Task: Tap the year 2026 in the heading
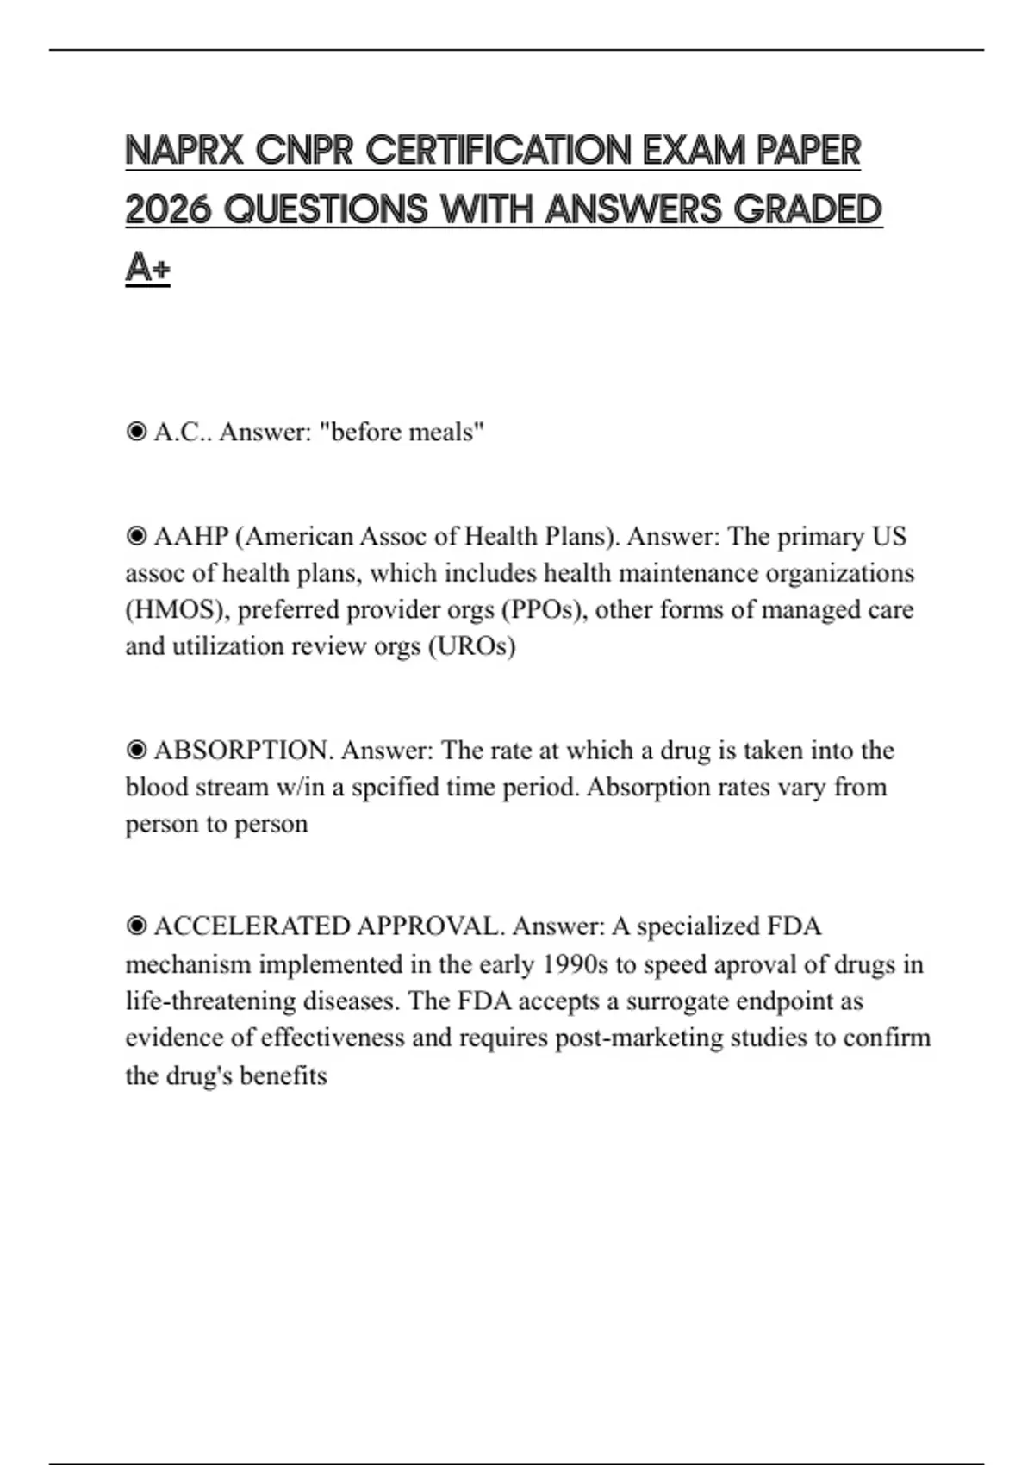168,209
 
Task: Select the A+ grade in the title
147,268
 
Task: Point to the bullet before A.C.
136,431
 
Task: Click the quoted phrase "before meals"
402,431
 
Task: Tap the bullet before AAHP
136,536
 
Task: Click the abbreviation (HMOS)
178,609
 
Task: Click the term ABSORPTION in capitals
243,751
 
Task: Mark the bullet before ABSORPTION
136,751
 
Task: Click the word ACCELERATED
252,926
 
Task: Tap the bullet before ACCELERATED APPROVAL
136,926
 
